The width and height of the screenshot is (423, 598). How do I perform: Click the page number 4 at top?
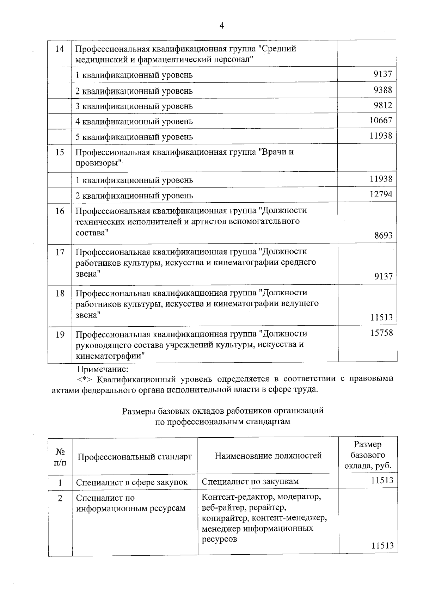(x=222, y=25)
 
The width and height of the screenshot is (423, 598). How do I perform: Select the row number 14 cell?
(x=60, y=49)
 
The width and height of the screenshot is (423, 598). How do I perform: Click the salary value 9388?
(x=383, y=90)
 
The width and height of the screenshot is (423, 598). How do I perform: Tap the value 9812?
(x=383, y=105)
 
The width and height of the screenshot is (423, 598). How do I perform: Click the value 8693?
(x=383, y=235)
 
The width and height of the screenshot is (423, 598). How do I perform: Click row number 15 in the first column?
(x=60, y=153)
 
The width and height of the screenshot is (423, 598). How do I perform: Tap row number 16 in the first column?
(x=60, y=211)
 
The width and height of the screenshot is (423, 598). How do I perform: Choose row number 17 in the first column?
(x=60, y=252)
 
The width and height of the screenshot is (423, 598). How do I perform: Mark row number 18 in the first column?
(x=60, y=293)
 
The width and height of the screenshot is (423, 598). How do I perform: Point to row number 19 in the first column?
(x=60, y=334)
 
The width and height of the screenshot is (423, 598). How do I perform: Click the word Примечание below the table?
(x=103, y=369)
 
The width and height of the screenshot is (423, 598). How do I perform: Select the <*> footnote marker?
(x=85, y=380)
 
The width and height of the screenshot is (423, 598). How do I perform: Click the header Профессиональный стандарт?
(x=135, y=457)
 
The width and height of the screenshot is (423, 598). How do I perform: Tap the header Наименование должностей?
(x=268, y=456)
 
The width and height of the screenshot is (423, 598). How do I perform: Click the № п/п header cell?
(x=60, y=457)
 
